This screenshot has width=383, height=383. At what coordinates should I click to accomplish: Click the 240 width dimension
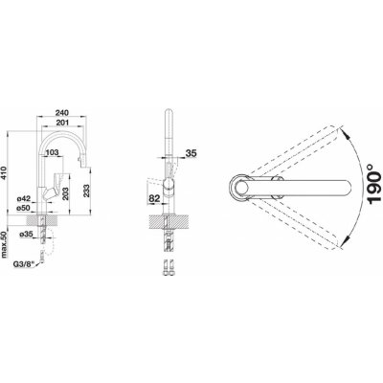pyautogui.click(x=62, y=113)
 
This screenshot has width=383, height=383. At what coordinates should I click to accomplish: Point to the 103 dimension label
pyautogui.click(x=53, y=152)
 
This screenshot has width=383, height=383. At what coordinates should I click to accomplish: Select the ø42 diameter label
pyautogui.click(x=24, y=199)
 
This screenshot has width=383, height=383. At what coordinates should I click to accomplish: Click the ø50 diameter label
pyautogui.click(x=24, y=208)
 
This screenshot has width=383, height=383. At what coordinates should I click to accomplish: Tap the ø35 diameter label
pyautogui.click(x=26, y=235)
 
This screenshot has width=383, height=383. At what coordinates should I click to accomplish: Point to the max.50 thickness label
pyautogui.click(x=4, y=245)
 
